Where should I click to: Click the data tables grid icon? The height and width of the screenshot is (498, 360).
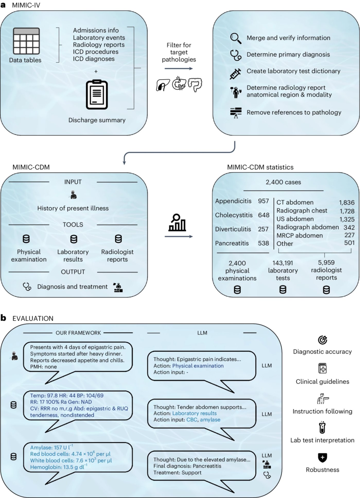[x=26, y=41]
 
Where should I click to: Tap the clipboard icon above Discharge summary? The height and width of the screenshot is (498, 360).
[x=97, y=95]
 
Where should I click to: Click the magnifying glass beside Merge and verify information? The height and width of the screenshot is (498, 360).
[x=236, y=38]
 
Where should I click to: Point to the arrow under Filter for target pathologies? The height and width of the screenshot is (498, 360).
[x=179, y=69]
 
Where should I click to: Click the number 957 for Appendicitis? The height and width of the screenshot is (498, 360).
[x=264, y=201]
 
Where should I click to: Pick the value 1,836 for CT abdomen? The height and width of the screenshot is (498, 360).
[x=347, y=203]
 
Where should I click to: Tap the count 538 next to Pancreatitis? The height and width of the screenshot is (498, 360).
[x=264, y=243]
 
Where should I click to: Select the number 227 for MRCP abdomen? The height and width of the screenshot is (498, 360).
[x=349, y=235]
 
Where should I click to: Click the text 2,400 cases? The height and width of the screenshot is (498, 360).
[x=283, y=182]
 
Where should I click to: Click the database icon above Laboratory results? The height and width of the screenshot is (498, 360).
[x=74, y=239]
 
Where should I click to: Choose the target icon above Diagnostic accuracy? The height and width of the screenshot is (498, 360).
[x=322, y=340]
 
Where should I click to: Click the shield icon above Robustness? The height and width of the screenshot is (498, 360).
[x=322, y=458]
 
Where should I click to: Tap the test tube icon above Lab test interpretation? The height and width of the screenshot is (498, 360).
[x=322, y=427]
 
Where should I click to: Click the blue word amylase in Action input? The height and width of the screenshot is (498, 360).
[x=210, y=420]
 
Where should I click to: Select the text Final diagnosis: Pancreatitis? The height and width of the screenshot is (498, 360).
[x=187, y=466]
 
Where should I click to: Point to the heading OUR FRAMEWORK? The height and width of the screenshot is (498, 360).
[x=78, y=333]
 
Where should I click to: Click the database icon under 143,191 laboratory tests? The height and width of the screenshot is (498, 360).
[x=283, y=290]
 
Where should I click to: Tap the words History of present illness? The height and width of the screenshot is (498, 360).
[x=73, y=208]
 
